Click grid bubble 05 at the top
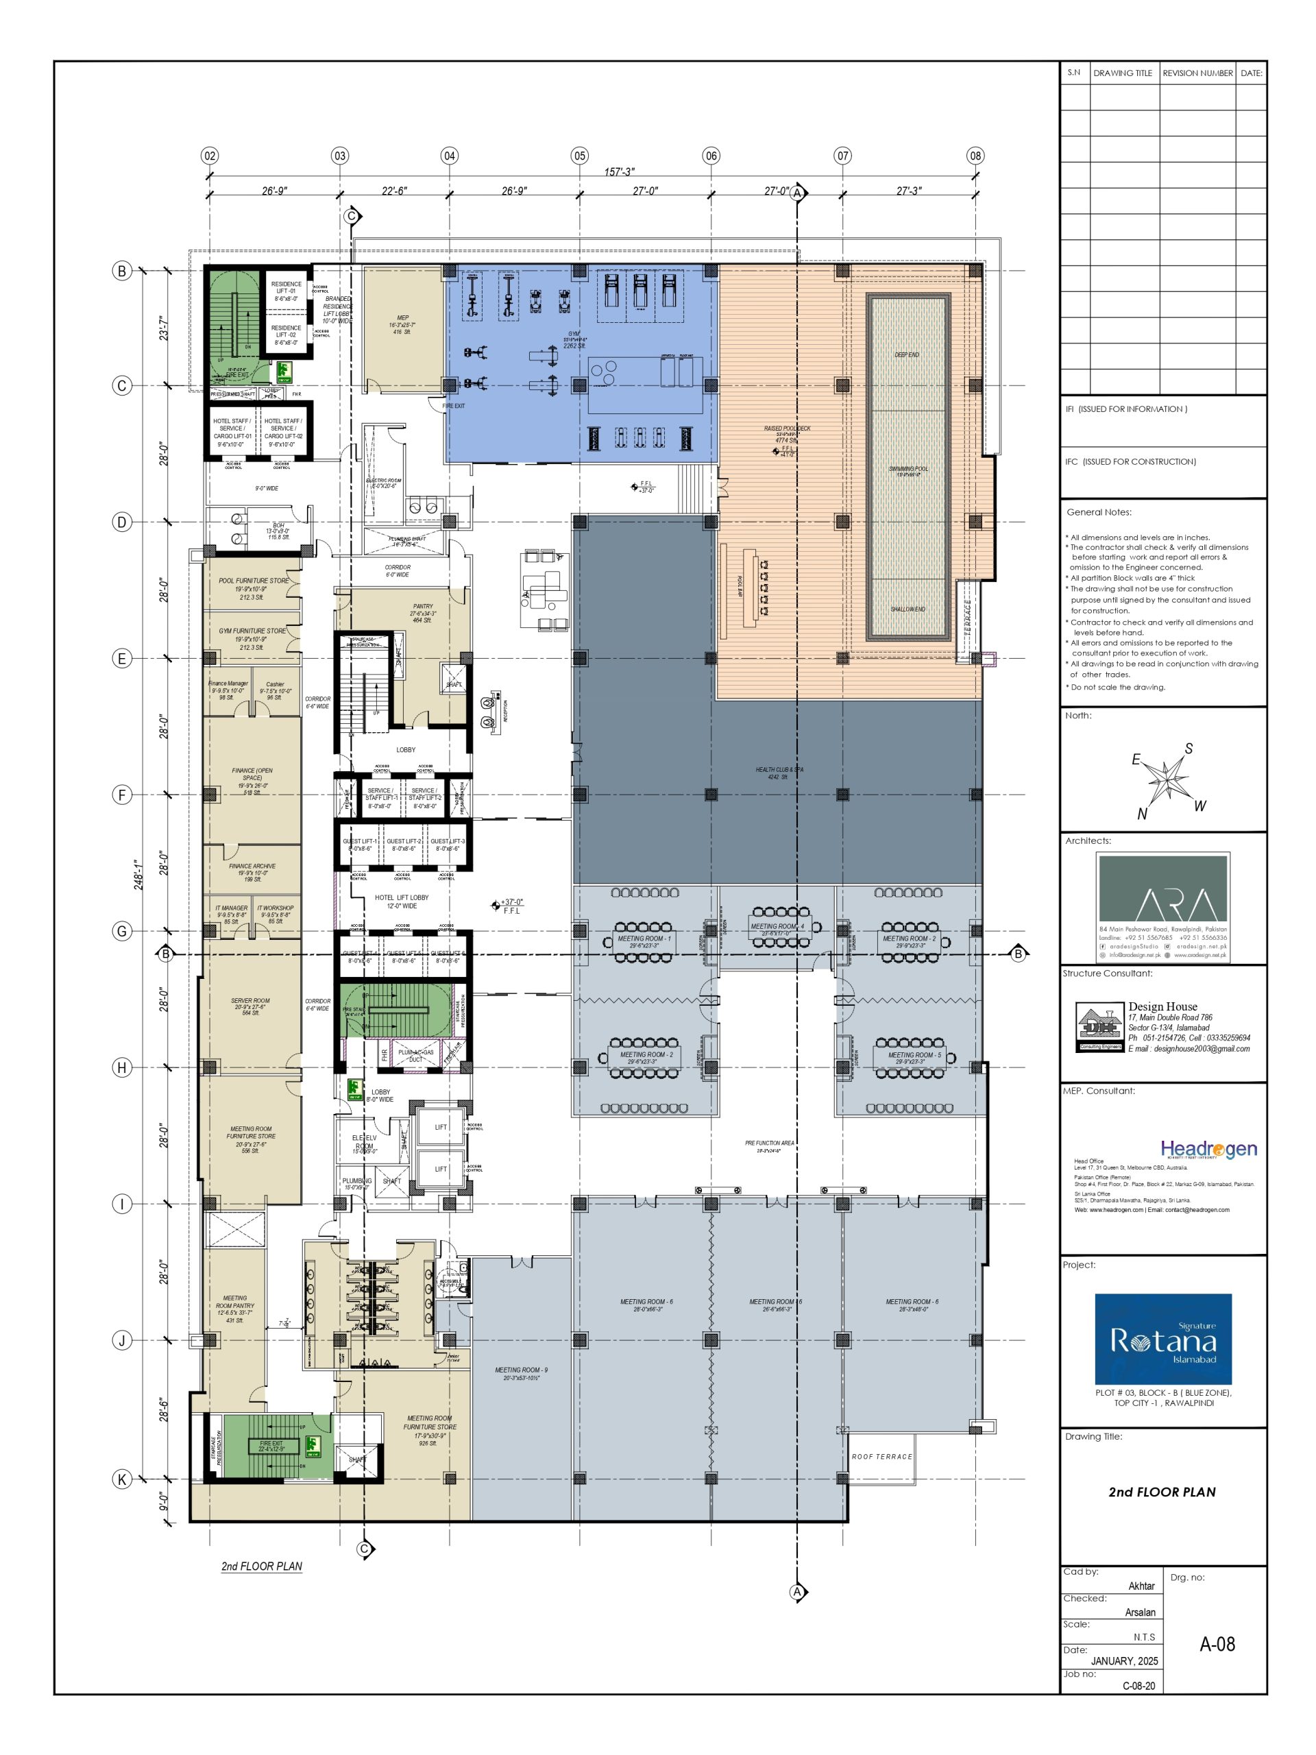[x=579, y=156]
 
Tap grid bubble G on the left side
[x=122, y=931]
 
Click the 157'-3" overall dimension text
[x=619, y=172]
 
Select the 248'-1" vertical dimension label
[x=139, y=873]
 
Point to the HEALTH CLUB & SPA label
[x=779, y=773]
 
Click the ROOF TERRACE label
[x=881, y=1457]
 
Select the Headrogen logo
[x=1208, y=1149]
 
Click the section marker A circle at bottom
[x=797, y=1592]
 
